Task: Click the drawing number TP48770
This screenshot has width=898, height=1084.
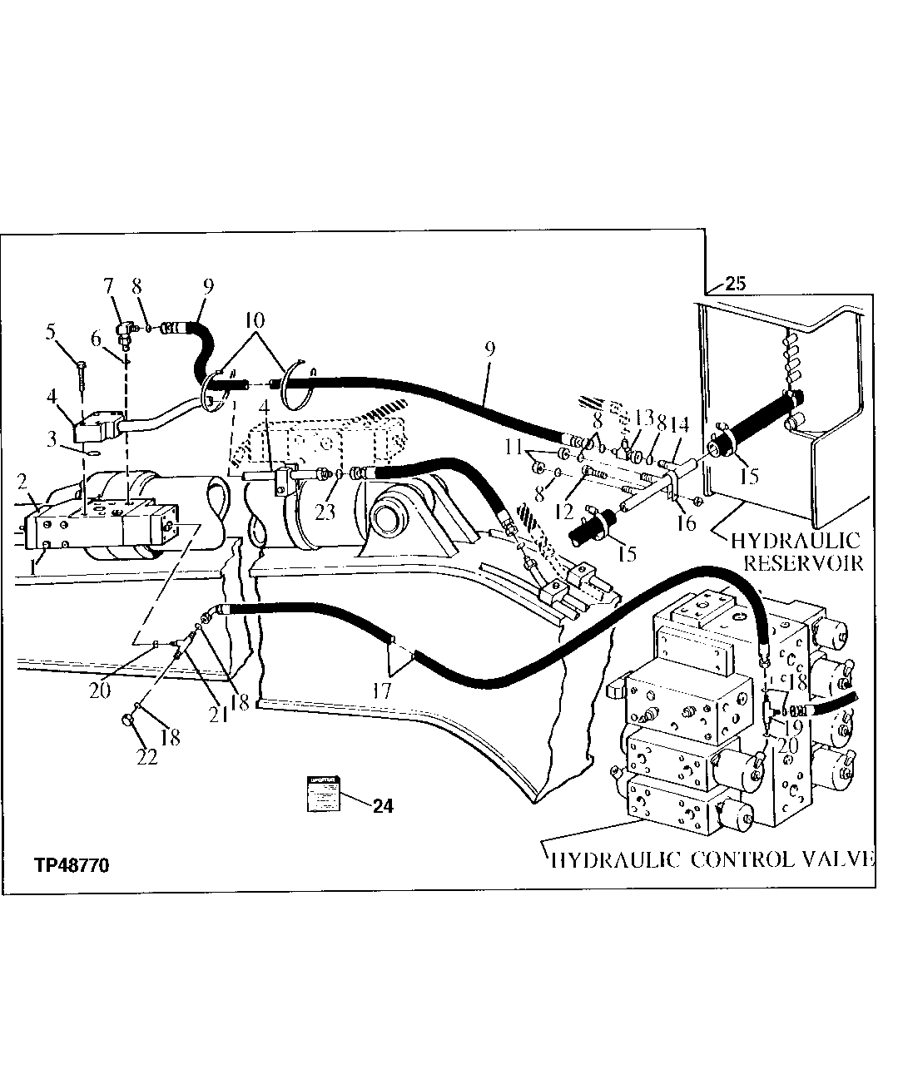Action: point(72,865)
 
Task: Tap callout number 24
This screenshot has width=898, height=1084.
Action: point(384,805)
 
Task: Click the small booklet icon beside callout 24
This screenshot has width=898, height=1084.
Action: point(321,793)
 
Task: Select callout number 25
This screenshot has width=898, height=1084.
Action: point(735,283)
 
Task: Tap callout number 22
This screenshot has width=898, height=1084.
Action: point(146,758)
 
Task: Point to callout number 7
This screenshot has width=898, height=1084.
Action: point(107,287)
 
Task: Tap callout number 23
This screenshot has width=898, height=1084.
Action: point(325,511)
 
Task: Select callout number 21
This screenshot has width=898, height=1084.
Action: point(219,714)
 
